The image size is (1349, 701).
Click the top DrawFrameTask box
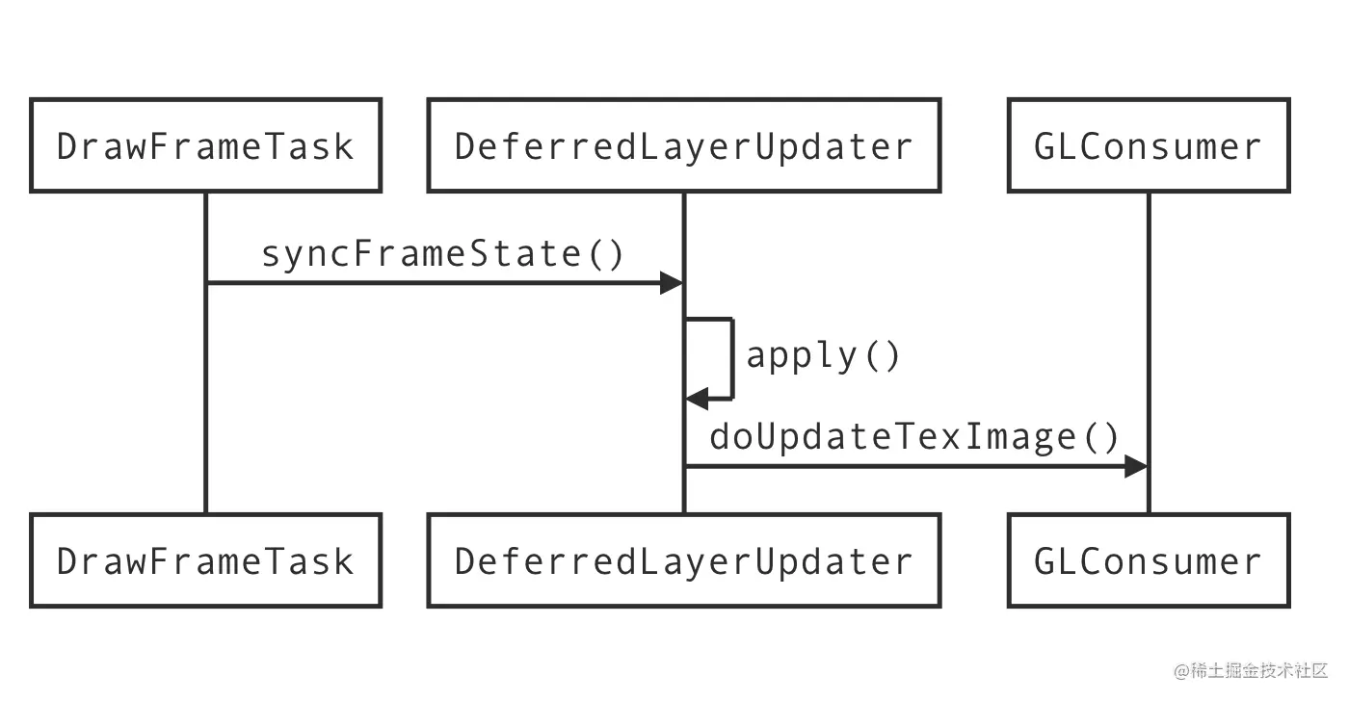click(205, 145)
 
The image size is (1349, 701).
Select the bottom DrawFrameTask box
click(205, 560)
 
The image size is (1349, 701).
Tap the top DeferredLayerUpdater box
click(683, 145)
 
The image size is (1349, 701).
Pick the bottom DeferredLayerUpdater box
click(683, 560)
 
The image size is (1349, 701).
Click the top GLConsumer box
click(1148, 145)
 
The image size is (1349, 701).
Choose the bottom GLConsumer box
click(1148, 560)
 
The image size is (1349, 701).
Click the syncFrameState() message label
click(443, 254)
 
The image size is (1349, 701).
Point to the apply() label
click(823, 355)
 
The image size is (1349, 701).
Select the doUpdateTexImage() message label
click(914, 437)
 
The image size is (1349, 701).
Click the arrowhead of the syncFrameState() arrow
click(672, 282)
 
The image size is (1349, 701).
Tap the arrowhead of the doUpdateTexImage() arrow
click(1136, 467)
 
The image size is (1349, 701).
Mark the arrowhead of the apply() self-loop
click(696, 398)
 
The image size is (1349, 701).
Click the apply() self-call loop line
click(732, 357)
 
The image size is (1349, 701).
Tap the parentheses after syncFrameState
click(606, 254)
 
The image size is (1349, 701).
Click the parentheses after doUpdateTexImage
click(1102, 437)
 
